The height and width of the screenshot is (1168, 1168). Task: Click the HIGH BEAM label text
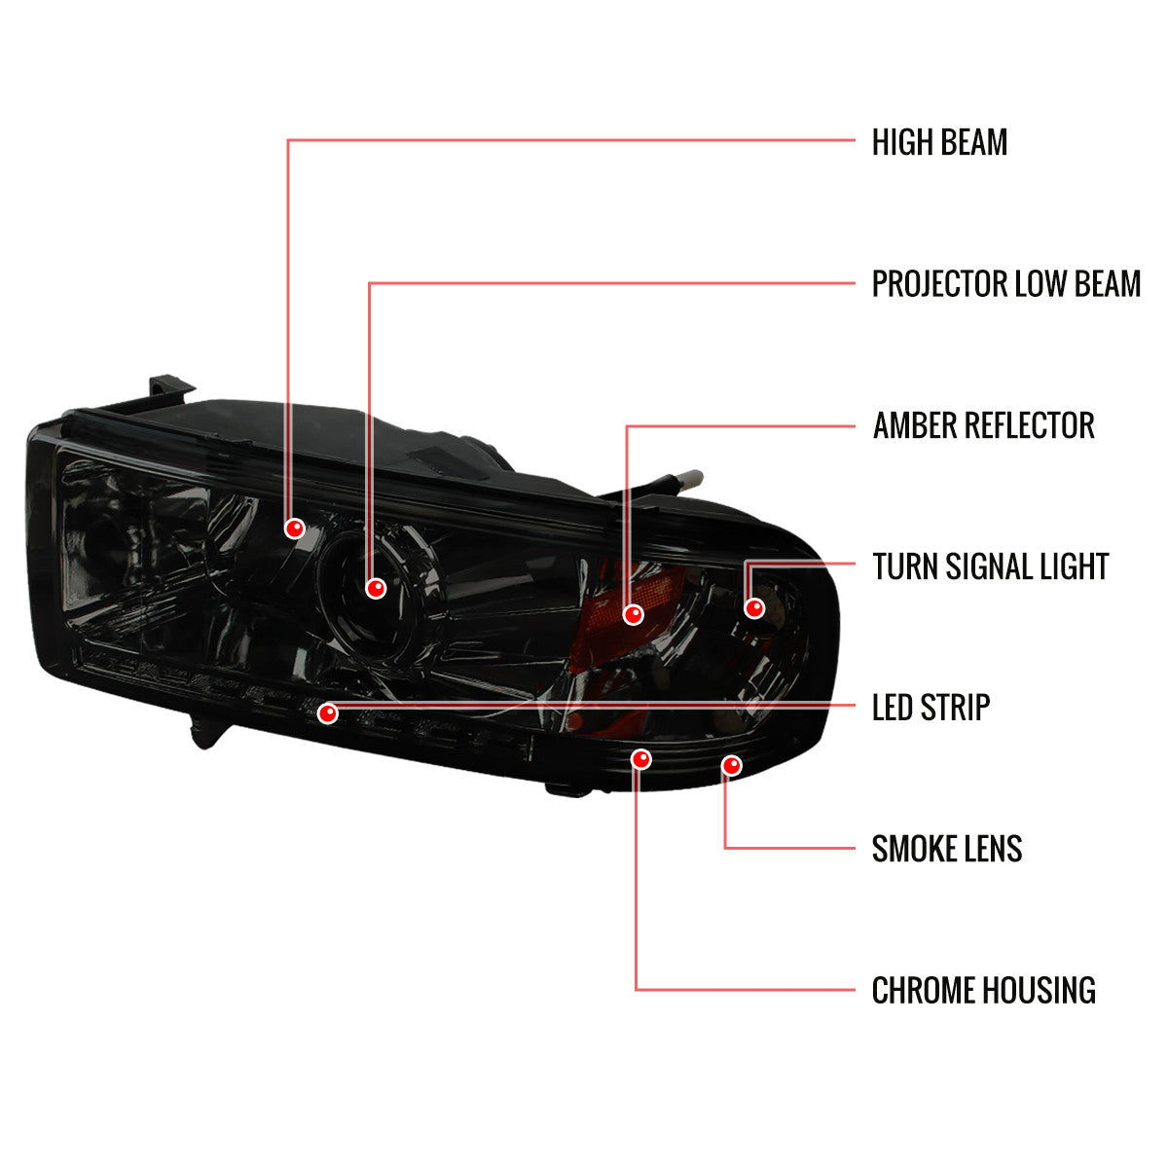(939, 142)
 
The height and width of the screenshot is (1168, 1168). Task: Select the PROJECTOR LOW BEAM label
(1006, 283)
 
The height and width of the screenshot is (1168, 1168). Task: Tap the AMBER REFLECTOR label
(983, 425)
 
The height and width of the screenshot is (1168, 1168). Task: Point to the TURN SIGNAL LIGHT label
(991, 566)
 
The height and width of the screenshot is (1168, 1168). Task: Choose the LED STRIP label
(931, 708)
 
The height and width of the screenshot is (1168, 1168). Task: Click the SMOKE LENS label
(947, 849)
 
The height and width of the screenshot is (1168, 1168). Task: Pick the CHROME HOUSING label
(983, 990)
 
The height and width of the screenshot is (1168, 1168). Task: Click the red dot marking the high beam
(295, 529)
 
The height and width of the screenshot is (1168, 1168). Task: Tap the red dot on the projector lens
(376, 588)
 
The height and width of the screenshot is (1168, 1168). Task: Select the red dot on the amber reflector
(633, 614)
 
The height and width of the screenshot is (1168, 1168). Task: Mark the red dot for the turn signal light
(754, 607)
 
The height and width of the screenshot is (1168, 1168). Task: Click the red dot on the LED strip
(327, 713)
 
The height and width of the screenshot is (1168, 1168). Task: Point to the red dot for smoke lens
(732, 766)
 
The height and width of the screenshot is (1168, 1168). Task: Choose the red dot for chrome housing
(640, 759)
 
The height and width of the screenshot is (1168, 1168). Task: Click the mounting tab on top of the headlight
(171, 386)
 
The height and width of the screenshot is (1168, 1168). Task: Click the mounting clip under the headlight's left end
(207, 732)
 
